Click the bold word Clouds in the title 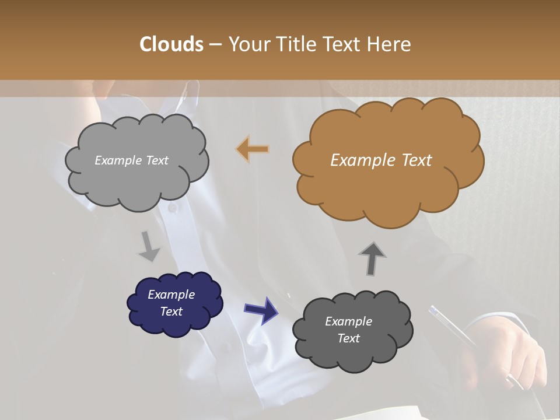tap(171, 44)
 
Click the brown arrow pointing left tap(253, 149)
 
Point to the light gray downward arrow tap(149, 247)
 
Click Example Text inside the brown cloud tap(381, 160)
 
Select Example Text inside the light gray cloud tap(131, 160)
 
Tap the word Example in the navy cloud tap(171, 295)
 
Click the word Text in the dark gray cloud tap(348, 338)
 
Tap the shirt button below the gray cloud tap(172, 208)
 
